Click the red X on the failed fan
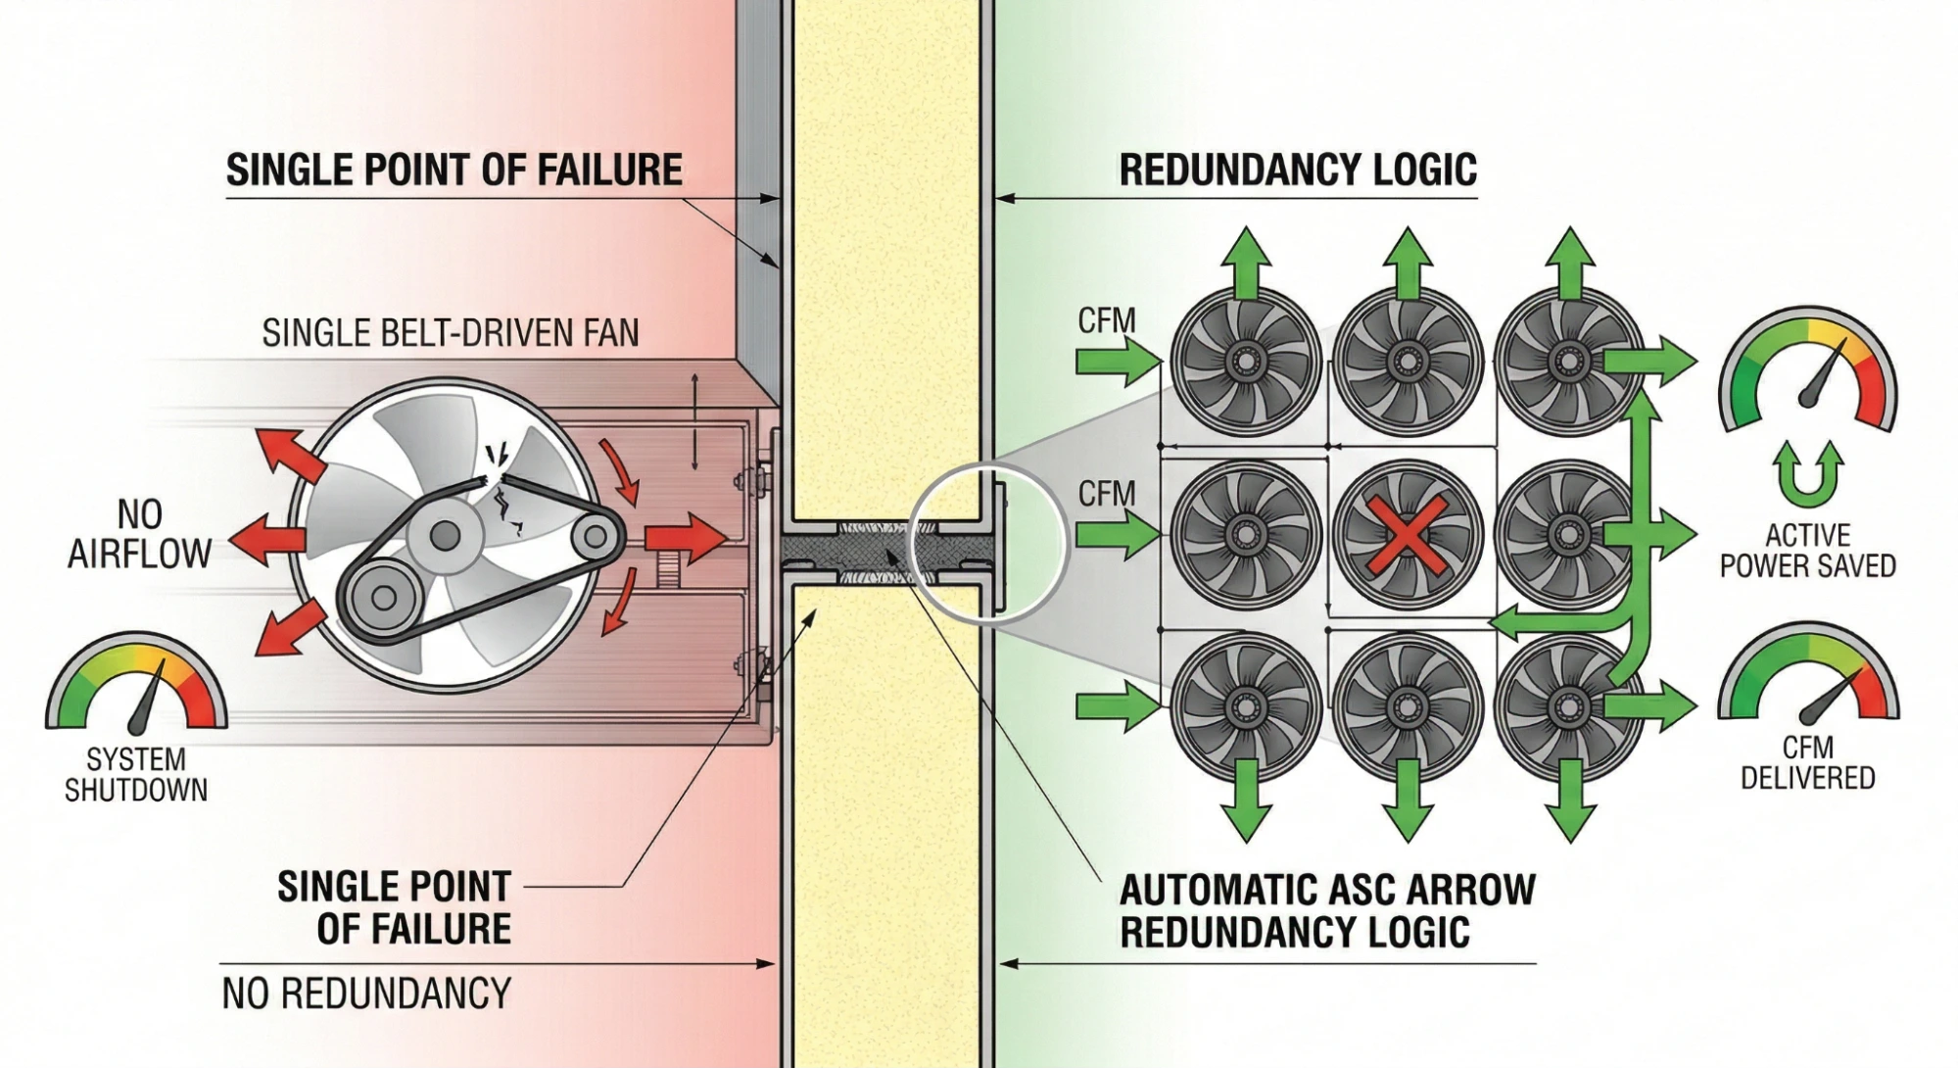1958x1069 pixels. coord(1407,535)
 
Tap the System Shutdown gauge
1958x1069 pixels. coord(136,686)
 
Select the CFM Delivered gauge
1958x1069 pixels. coord(1807,676)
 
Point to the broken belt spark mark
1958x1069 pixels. coord(501,457)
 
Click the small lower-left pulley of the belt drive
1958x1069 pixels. coord(383,597)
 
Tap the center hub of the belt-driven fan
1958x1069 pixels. coord(446,535)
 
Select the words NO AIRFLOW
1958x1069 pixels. coord(139,535)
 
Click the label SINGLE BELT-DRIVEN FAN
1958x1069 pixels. coord(450,333)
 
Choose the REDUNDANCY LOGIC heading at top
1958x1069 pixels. coord(1297,170)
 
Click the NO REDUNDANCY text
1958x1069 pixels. coord(366,994)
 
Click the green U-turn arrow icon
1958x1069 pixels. coord(1808,474)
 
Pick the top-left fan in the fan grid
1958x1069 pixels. coord(1245,362)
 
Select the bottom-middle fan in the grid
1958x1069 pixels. coord(1407,706)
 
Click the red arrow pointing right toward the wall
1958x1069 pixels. coord(685,538)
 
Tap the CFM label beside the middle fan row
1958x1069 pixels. coord(1106,494)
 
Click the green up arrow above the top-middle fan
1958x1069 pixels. coord(1408,263)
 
